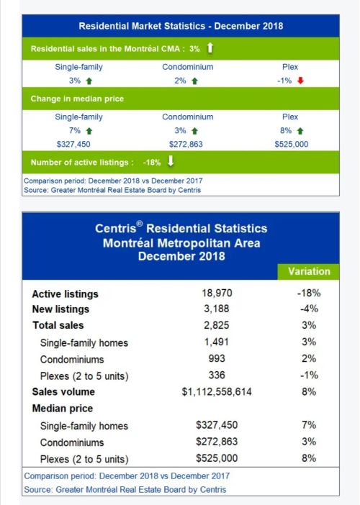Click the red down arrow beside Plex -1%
pyautogui.click(x=300, y=81)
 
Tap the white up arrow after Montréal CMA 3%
pyautogui.click(x=210, y=48)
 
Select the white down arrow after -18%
pyautogui.click(x=171, y=161)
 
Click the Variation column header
pyautogui.click(x=309, y=271)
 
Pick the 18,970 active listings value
pyautogui.click(x=217, y=293)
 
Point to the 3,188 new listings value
pyautogui.click(x=217, y=309)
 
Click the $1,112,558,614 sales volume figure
pyautogui.click(x=217, y=391)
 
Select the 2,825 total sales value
pyautogui.click(x=217, y=325)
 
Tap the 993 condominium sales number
pyautogui.click(x=217, y=358)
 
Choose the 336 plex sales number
pyautogui.click(x=217, y=375)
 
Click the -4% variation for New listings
pyautogui.click(x=309, y=309)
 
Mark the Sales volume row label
pyautogui.click(x=63, y=391)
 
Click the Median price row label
pyautogui.click(x=63, y=409)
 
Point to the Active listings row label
pyautogui.click(x=65, y=294)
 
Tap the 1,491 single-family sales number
pyautogui.click(x=217, y=342)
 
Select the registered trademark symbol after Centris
pyautogui.click(x=139, y=224)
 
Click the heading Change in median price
pyautogui.click(x=77, y=99)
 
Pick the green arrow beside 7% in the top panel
pyautogui.click(x=89, y=131)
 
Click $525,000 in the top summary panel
pyautogui.click(x=292, y=144)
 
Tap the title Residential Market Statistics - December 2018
pyautogui.click(x=181, y=26)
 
